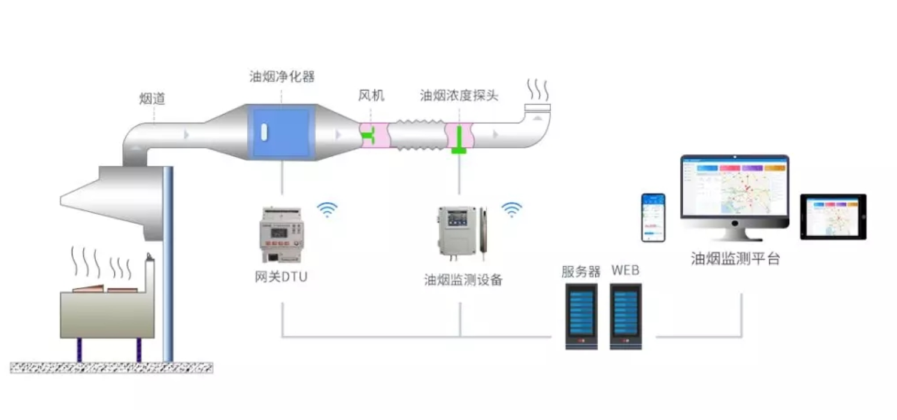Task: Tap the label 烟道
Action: tap(152, 99)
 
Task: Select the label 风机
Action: tap(371, 96)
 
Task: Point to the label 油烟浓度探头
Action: tap(459, 96)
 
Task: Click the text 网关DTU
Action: tap(281, 278)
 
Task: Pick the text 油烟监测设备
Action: tap(463, 279)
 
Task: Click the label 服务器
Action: tap(580, 271)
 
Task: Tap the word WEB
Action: tap(625, 270)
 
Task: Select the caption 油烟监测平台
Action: tap(735, 259)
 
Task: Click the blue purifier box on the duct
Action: tap(281, 133)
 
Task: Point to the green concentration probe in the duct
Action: tap(459, 140)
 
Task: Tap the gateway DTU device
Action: tap(281, 235)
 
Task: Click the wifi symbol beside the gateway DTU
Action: tap(327, 209)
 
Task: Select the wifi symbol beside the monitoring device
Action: tap(511, 209)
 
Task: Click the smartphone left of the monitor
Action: tap(653, 217)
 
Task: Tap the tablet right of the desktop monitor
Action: tap(833, 217)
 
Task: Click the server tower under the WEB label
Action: tap(626, 316)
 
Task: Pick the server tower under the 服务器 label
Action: tap(581, 316)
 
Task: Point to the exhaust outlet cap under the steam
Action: tap(537, 108)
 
